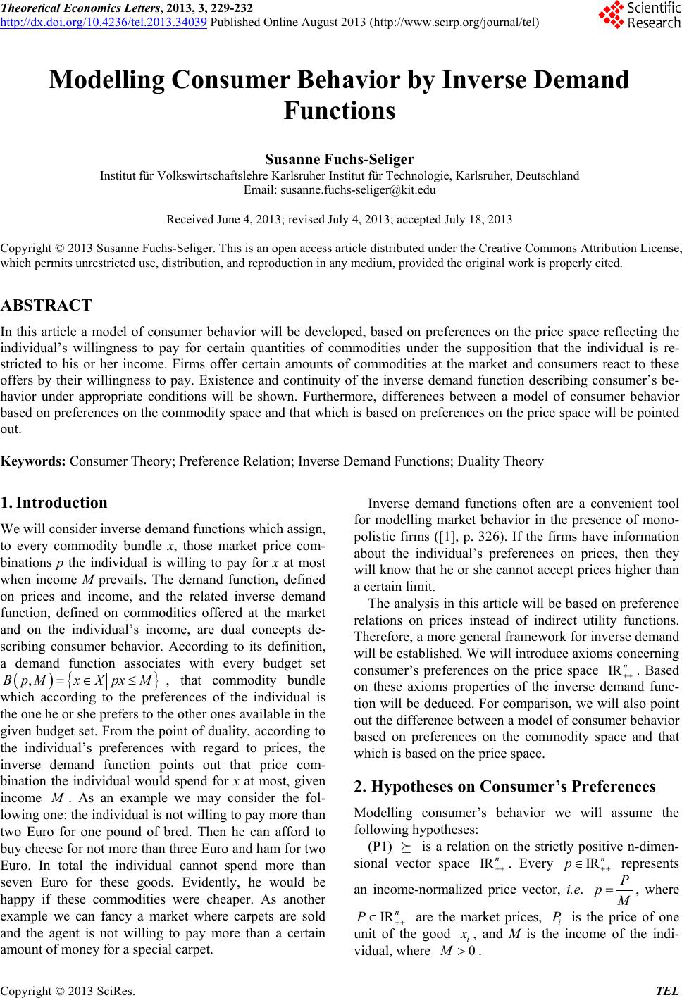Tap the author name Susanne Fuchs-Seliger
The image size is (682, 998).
point(340,159)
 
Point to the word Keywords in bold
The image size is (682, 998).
point(33,461)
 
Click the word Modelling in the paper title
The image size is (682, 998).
point(106,81)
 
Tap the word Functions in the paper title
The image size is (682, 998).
point(340,111)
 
